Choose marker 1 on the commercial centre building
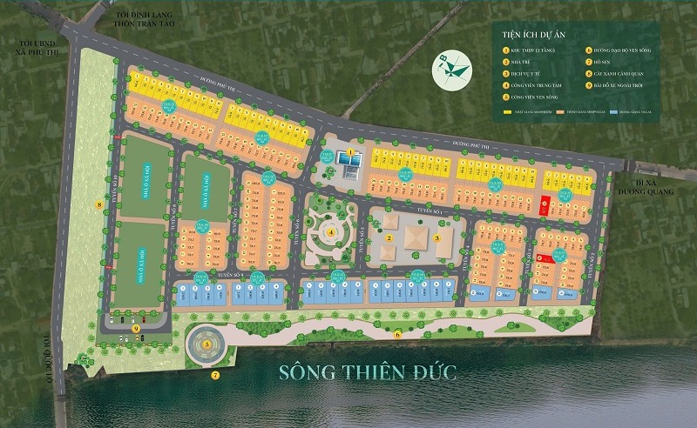pos(350,153)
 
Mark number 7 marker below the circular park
pos(215,376)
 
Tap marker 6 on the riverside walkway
pos(397,333)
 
